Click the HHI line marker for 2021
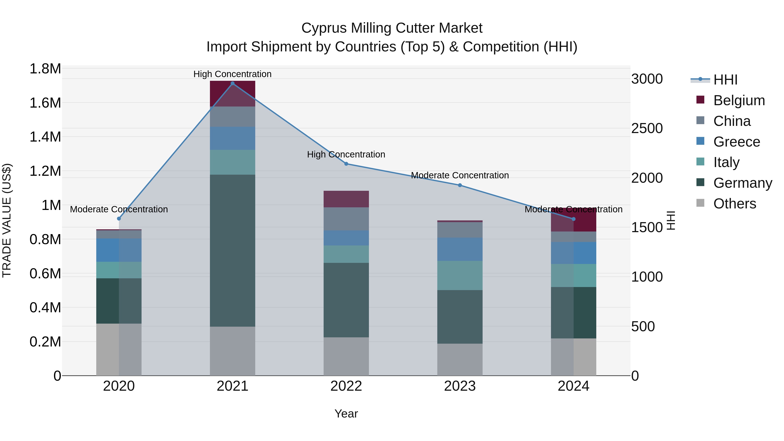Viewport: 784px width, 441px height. pos(233,83)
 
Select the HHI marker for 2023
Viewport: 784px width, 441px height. pos(460,185)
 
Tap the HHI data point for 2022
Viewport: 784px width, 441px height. pos(346,164)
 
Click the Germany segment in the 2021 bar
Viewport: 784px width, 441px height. pos(233,250)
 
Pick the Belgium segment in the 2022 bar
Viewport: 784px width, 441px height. pos(346,199)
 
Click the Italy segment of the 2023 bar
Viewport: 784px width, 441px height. pos(460,275)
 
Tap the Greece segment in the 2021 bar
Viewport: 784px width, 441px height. pos(233,138)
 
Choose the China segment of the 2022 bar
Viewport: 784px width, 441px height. pos(346,219)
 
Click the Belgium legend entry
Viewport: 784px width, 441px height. pos(739,100)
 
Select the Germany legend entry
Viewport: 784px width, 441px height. pos(742,183)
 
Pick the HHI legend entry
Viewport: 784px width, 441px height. pos(725,80)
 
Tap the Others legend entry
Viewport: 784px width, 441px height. pos(734,204)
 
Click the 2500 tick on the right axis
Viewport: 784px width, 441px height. pos(647,128)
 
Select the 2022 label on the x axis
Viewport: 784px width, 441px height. pos(346,386)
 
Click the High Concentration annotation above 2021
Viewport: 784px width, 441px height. pos(233,74)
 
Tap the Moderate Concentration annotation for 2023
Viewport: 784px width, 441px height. pos(460,175)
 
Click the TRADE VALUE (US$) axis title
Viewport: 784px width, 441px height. pos(7,220)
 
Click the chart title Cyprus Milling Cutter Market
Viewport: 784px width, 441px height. pos(392,28)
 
